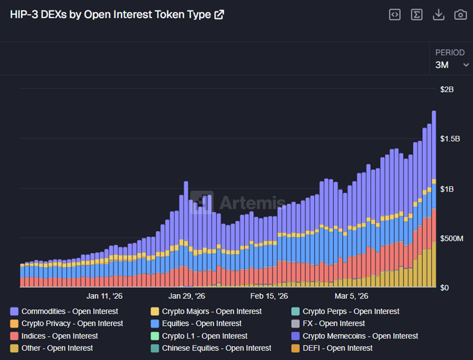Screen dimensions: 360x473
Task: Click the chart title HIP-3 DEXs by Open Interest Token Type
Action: click(110, 14)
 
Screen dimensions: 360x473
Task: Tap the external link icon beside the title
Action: click(219, 14)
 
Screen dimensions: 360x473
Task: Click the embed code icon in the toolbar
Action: click(395, 14)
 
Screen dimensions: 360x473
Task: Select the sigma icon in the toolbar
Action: click(416, 14)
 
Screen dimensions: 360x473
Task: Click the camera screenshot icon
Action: click(460, 14)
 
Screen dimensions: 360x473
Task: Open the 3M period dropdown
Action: click(452, 65)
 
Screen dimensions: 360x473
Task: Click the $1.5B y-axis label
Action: click(450, 139)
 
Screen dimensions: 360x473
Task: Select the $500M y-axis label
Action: click(451, 239)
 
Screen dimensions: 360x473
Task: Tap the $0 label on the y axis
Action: click(445, 288)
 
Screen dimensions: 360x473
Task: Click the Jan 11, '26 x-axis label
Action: click(104, 296)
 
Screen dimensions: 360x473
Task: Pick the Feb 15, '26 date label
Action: click(269, 296)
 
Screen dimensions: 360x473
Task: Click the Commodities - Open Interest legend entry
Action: click(69, 311)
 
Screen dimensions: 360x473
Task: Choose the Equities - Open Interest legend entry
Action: click(201, 324)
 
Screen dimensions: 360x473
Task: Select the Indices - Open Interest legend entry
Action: click(59, 336)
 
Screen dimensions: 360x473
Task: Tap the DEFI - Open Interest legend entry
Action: click(337, 348)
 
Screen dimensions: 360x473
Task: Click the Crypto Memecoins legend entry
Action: click(360, 336)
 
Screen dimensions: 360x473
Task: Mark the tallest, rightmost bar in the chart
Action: click(434, 197)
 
